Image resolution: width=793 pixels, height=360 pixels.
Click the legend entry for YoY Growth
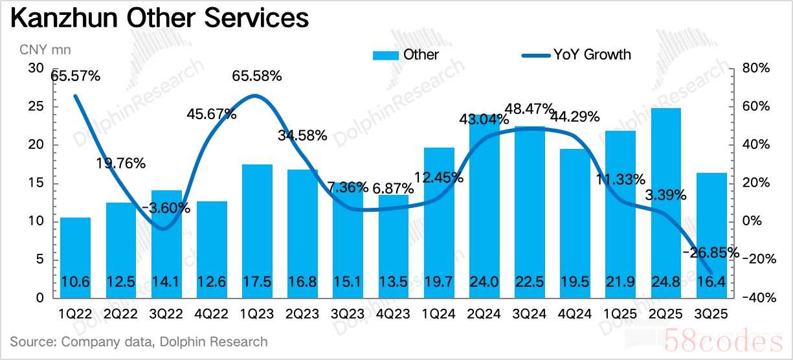(x=576, y=54)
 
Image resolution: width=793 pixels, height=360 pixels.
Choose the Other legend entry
(x=406, y=54)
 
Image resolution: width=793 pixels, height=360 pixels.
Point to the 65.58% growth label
(x=258, y=76)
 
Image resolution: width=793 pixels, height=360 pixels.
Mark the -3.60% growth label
(x=166, y=208)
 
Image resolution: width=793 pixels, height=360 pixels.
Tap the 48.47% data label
(x=530, y=108)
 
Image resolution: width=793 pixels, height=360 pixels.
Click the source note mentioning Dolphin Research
(x=139, y=341)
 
